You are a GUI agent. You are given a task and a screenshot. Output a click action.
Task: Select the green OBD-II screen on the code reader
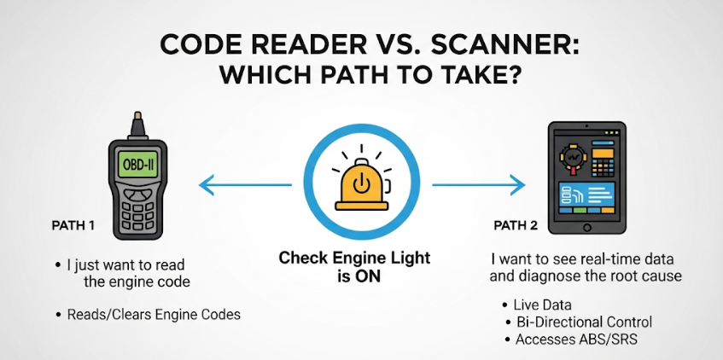[138, 164]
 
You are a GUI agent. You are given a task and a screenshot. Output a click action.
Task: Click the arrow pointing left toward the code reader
[245, 185]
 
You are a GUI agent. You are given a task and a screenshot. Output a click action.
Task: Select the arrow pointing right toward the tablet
[478, 185]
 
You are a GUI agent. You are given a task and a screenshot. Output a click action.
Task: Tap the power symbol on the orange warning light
[361, 184]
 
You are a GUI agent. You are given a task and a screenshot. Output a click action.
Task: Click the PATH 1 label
[73, 226]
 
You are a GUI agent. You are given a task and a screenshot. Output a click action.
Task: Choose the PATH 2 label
[516, 226]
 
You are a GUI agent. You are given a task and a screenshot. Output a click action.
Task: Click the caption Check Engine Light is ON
[354, 267]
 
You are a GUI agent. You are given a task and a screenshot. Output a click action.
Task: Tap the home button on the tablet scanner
[586, 227]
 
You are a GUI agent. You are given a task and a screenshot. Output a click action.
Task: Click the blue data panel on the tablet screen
[586, 193]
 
